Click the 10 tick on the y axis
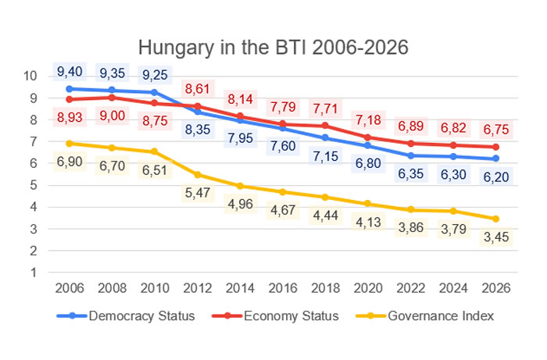click(x=30, y=77)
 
